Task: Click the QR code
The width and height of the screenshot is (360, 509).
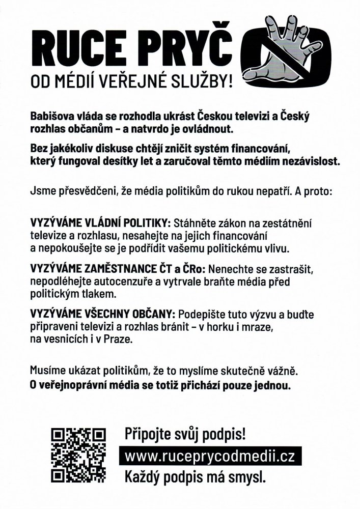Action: (79, 455)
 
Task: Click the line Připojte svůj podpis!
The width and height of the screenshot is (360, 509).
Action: (185, 434)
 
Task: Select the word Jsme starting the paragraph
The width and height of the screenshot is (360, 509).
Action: (43, 193)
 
